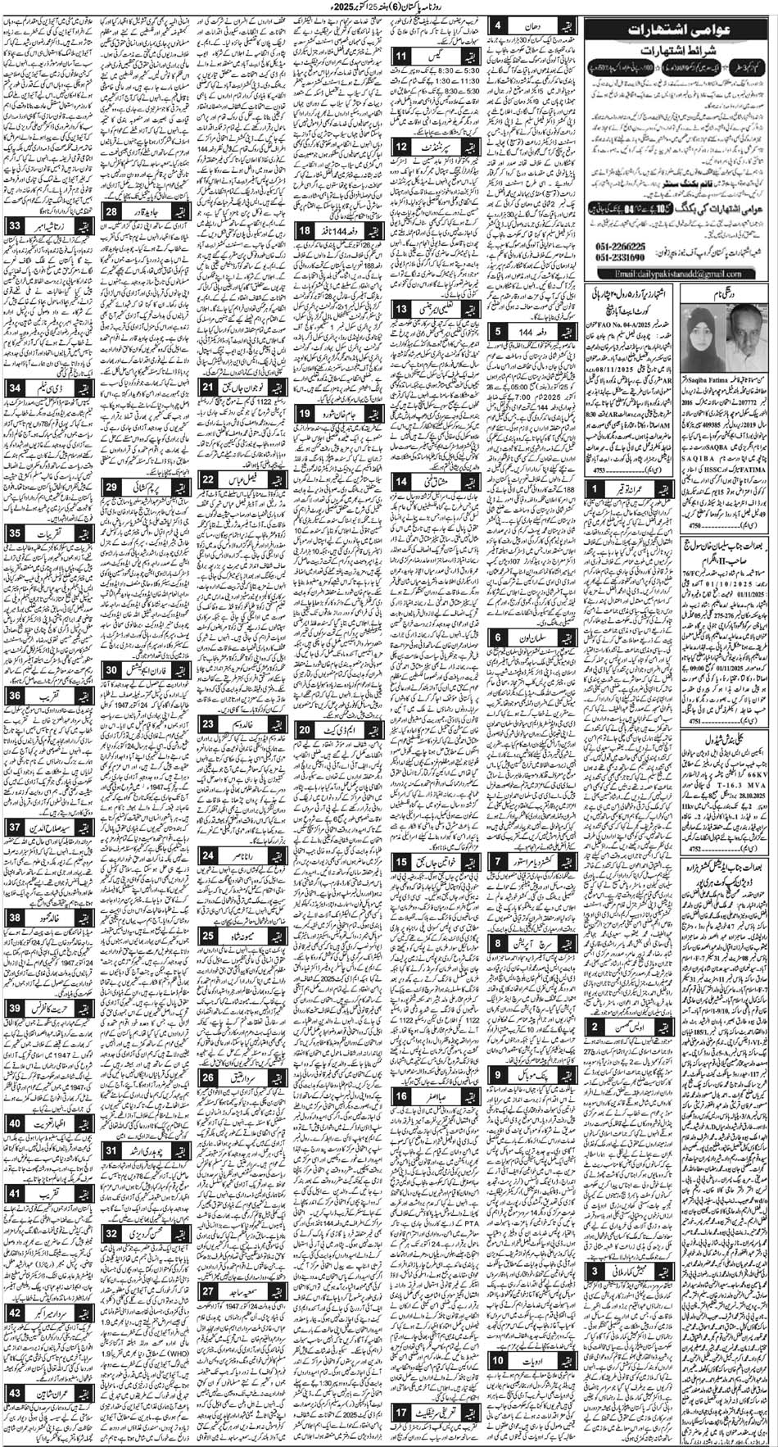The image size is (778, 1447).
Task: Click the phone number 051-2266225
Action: coord(644,246)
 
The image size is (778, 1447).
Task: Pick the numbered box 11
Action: coord(402,57)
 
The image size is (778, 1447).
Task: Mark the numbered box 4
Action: coord(499,26)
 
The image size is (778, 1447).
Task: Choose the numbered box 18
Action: coord(304,231)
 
